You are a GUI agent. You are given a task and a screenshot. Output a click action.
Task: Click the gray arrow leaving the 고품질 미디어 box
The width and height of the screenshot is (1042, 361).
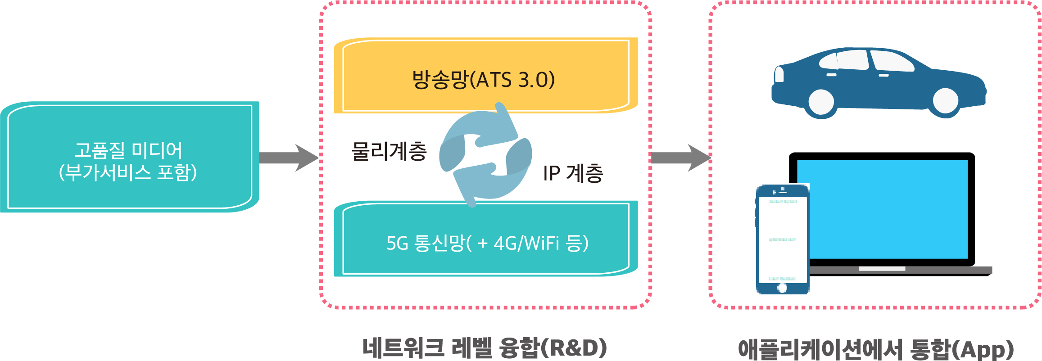pyautogui.click(x=288, y=158)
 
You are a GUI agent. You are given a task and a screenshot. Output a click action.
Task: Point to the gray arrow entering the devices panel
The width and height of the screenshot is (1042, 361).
pyautogui.click(x=680, y=158)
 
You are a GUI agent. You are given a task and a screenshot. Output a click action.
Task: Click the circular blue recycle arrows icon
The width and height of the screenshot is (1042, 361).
pyautogui.click(x=485, y=155)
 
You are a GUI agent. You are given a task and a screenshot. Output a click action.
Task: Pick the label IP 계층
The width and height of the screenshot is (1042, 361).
pyautogui.click(x=573, y=173)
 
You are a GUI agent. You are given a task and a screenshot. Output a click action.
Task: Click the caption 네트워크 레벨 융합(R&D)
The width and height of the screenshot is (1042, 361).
pyautogui.click(x=485, y=348)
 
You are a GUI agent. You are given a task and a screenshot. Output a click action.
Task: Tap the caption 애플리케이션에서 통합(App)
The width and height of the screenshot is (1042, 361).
pyautogui.click(x=876, y=349)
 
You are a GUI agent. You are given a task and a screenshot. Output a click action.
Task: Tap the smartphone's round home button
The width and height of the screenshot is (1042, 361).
pyautogui.click(x=782, y=288)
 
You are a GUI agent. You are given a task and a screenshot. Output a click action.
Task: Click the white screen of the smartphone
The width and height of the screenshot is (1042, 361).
pyautogui.click(x=782, y=239)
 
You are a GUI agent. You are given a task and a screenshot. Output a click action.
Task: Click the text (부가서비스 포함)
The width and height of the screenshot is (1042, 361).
pyautogui.click(x=128, y=173)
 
